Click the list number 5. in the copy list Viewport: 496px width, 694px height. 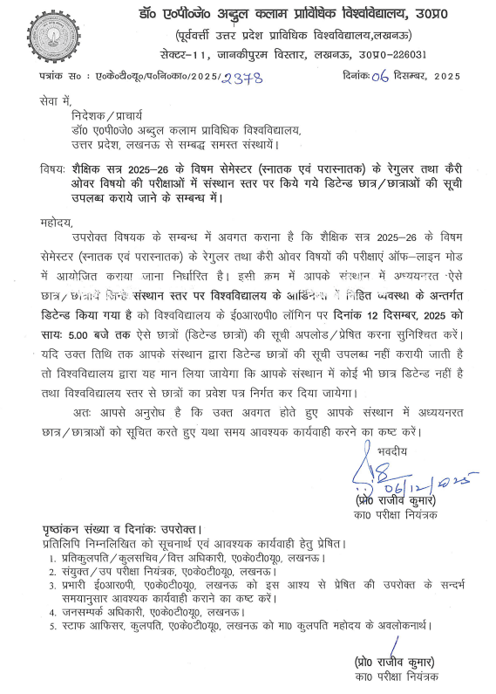54,626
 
